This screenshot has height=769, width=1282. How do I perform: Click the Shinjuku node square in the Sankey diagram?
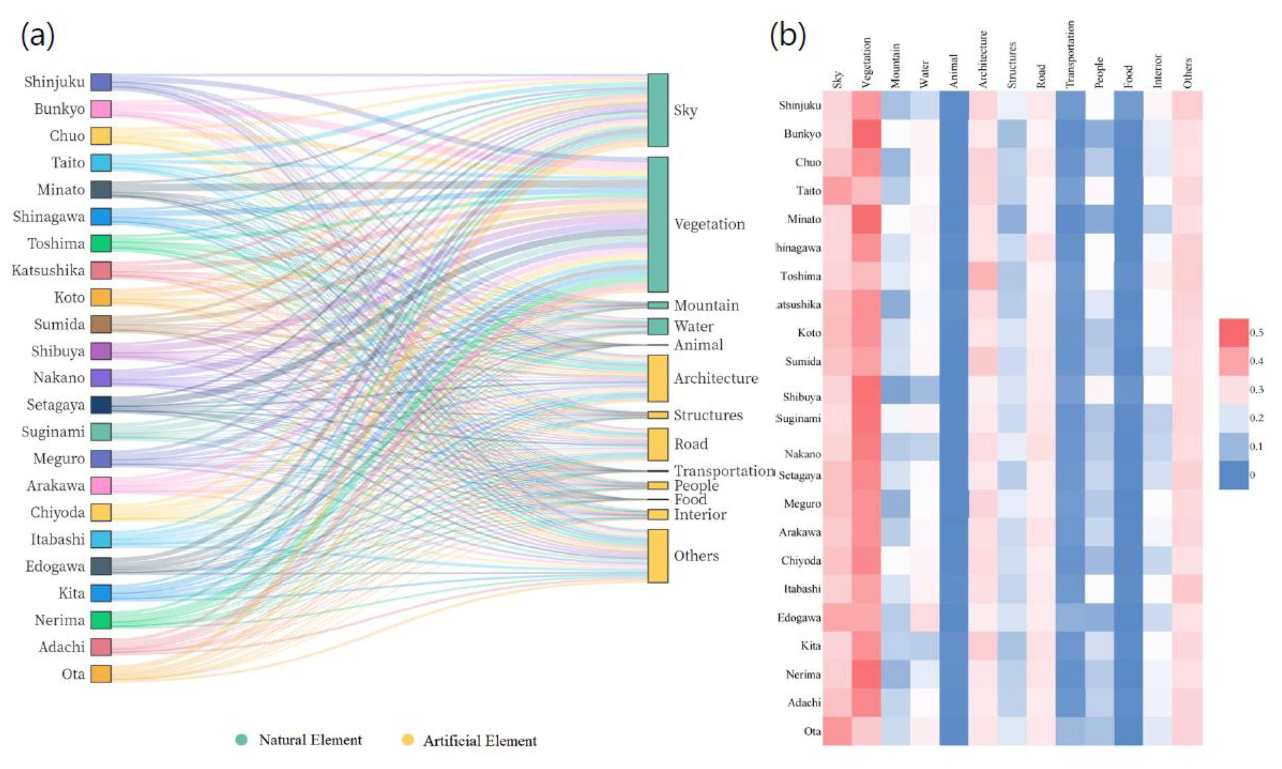point(101,82)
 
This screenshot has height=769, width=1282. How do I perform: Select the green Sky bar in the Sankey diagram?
point(657,110)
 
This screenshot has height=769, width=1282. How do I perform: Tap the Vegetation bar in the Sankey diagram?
point(657,224)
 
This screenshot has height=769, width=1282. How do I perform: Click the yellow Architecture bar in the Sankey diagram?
point(657,378)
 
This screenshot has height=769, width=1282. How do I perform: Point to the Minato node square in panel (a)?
point(101,190)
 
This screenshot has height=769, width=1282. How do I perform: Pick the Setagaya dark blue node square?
point(101,405)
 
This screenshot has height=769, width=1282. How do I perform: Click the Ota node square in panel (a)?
point(101,673)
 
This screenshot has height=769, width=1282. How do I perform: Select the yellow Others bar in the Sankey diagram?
point(657,555)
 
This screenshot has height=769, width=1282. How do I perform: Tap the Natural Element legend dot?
point(241,739)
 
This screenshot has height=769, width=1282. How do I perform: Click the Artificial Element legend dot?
point(408,739)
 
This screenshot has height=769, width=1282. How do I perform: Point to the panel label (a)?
point(37,36)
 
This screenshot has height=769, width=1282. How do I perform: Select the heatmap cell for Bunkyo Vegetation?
point(866,134)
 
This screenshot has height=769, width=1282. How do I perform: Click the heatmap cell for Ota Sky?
point(837,731)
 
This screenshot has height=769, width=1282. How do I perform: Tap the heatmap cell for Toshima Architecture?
point(983,276)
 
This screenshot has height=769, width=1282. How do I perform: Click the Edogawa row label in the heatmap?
point(799,618)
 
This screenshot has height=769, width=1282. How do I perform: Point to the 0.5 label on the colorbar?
point(1256,333)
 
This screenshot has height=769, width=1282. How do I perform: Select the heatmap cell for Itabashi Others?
point(1188,589)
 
